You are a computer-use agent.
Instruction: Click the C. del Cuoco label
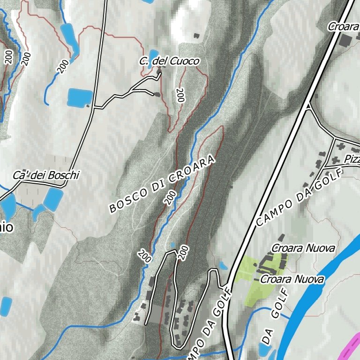tap(169, 61)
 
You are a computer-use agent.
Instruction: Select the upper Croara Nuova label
tap(304, 248)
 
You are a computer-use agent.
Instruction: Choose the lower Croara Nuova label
tap(292, 279)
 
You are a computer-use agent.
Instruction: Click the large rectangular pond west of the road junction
tap(80, 97)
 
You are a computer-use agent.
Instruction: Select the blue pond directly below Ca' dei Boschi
tap(53, 199)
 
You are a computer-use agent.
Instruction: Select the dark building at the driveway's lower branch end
tap(157, 94)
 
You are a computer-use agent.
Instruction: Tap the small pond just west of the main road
tap(223, 266)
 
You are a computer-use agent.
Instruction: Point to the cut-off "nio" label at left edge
tap(6, 228)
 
